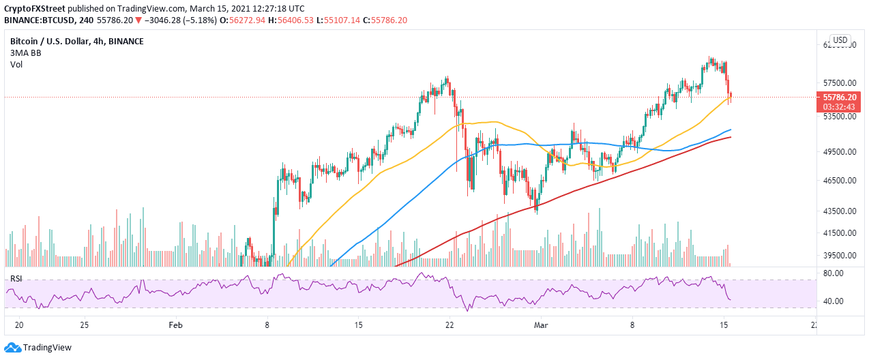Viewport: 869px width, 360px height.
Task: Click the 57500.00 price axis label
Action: (x=840, y=82)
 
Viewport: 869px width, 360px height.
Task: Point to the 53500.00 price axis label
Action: (x=840, y=117)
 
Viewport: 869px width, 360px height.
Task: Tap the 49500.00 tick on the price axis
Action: (x=840, y=152)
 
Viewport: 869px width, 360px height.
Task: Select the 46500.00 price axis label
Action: (x=840, y=181)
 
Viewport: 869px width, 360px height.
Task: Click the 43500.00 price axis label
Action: (x=840, y=211)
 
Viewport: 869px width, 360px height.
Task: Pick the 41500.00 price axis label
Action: (x=840, y=233)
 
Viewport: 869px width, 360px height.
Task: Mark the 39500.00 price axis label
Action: (x=840, y=256)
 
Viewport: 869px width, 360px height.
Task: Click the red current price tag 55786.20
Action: (x=840, y=97)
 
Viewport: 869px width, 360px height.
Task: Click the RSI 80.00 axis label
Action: (x=835, y=273)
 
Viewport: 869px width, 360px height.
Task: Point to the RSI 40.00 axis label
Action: (x=835, y=301)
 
